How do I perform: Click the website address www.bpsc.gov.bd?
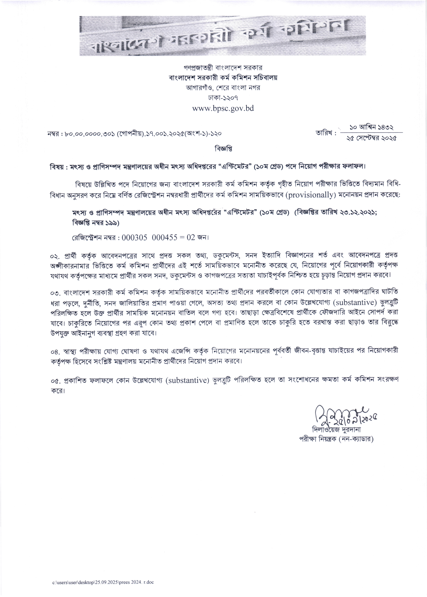(x=223, y=108)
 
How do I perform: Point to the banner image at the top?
(x=222, y=36)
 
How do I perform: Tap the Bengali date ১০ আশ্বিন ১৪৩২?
(x=371, y=128)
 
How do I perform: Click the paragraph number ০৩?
(x=55, y=293)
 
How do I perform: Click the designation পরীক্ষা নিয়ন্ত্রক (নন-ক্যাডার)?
(x=336, y=439)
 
